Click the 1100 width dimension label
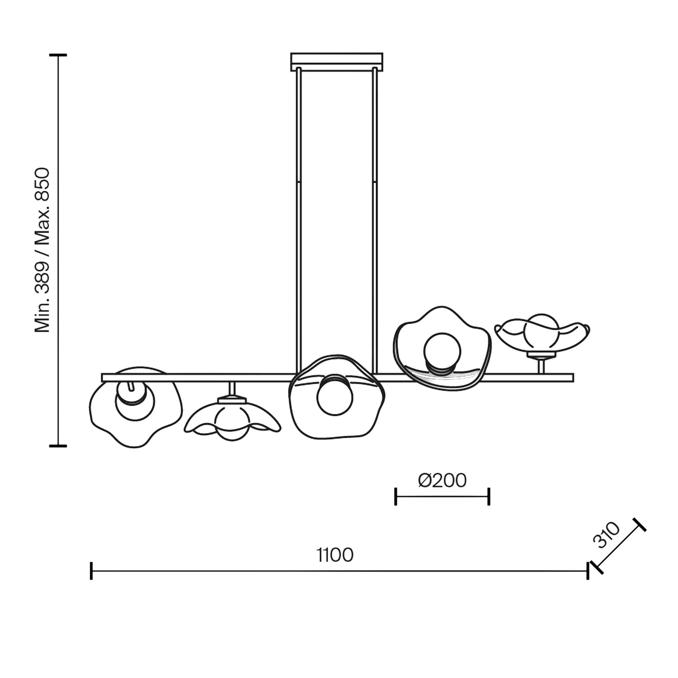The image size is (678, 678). [335, 555]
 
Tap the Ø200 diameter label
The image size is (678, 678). [442, 480]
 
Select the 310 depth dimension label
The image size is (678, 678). [606, 535]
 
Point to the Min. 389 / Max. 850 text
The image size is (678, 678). [42, 250]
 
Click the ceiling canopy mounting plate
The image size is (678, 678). [337, 61]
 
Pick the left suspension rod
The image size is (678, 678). [298, 220]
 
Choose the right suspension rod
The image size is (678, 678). [375, 220]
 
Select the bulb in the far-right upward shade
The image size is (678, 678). [541, 331]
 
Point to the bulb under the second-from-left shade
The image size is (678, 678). [231, 422]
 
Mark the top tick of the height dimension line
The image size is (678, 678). [58, 55]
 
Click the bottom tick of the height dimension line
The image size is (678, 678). [58, 446]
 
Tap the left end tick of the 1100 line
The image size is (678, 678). [91, 571]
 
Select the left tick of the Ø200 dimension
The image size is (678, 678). [395, 496]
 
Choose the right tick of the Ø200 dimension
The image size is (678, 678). [489, 496]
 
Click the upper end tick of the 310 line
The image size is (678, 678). [639, 525]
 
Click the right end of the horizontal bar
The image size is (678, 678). [573, 378]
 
